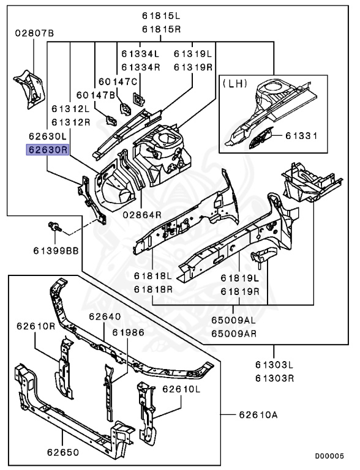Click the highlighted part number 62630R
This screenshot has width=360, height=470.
click(x=48, y=149)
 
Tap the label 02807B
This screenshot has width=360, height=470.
click(x=34, y=33)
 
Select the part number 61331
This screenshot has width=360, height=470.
click(x=301, y=136)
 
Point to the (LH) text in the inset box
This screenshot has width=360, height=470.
click(x=235, y=83)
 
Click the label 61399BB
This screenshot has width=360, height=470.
click(x=56, y=250)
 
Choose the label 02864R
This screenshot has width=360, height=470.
click(x=142, y=215)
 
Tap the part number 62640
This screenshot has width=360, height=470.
click(x=105, y=316)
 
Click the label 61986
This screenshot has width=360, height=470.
click(x=128, y=332)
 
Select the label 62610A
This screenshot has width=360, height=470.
click(x=258, y=415)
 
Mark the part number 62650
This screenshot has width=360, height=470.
click(x=63, y=452)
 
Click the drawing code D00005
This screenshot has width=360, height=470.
click(x=329, y=456)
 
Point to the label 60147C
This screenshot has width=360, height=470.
click(x=118, y=81)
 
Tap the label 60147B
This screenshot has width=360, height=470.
click(x=96, y=95)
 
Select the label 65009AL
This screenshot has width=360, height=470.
click(x=233, y=320)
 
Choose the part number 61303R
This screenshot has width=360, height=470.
click(x=274, y=378)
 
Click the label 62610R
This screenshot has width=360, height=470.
click(x=36, y=326)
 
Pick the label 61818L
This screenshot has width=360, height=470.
click(x=153, y=276)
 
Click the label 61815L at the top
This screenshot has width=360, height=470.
click(x=162, y=15)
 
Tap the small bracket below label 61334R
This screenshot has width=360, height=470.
click(x=138, y=99)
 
